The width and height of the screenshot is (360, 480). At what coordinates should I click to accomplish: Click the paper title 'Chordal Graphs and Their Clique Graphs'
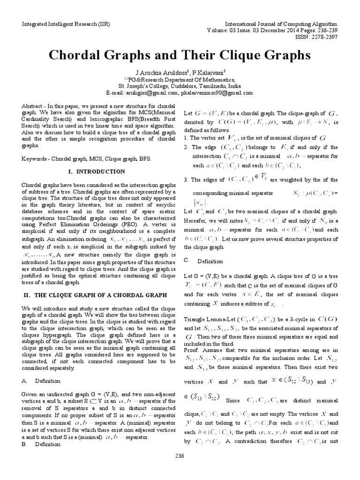click(180, 55)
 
